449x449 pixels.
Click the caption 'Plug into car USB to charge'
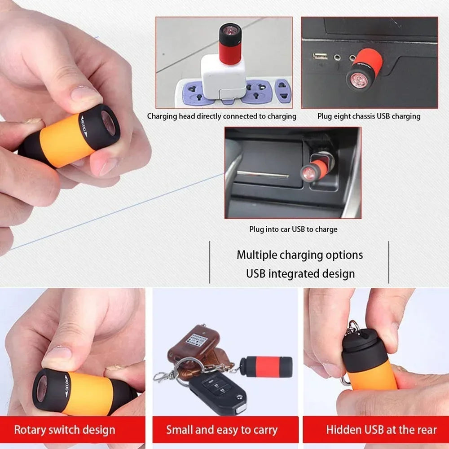pos(293,229)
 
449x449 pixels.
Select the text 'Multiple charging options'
pos(300,255)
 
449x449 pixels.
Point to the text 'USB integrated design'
pos(300,273)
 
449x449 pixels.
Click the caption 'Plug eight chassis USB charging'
pos(369,116)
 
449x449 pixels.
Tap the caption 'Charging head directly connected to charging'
pos(222,116)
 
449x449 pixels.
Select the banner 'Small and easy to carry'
pos(225,430)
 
